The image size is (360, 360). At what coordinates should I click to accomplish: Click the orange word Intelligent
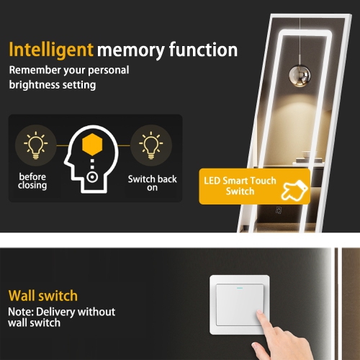(x=50, y=50)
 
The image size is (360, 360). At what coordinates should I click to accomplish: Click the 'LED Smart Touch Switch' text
(x=240, y=186)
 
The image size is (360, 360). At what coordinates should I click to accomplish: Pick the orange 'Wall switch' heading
(x=42, y=296)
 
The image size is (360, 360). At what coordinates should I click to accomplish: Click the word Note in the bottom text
(x=21, y=312)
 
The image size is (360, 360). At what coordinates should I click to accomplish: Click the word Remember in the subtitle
(x=34, y=71)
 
